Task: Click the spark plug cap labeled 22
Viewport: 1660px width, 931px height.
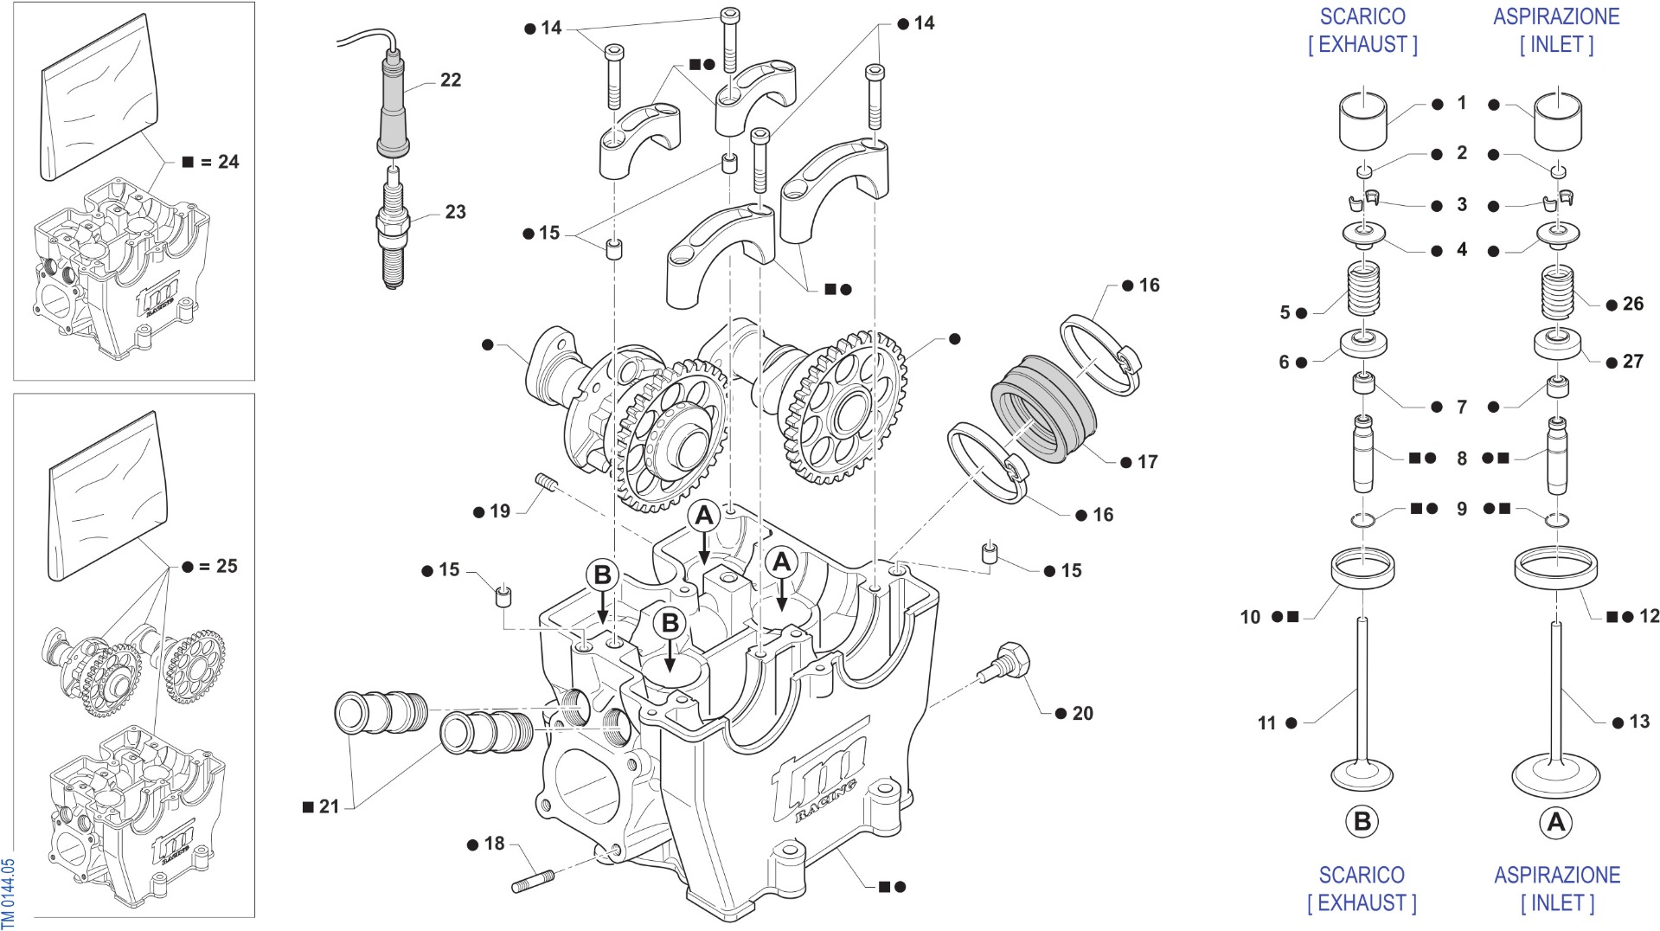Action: [x=393, y=105]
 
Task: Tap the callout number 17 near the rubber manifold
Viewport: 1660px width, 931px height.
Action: [x=1147, y=462]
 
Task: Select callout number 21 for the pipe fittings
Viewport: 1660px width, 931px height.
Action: [x=330, y=807]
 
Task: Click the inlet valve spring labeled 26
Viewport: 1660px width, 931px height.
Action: [x=1557, y=294]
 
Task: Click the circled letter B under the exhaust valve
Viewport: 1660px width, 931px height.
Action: [x=1362, y=821]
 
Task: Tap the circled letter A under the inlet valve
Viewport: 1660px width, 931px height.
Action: [x=1556, y=822]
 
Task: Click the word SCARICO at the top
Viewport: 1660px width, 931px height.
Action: [x=1362, y=16]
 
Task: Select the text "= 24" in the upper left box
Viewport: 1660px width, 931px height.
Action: [x=219, y=162]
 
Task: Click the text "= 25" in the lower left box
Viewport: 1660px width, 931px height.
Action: [x=218, y=566]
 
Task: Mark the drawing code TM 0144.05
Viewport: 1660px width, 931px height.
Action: [x=8, y=892]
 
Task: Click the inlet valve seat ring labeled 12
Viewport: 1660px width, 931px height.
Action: [x=1555, y=568]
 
